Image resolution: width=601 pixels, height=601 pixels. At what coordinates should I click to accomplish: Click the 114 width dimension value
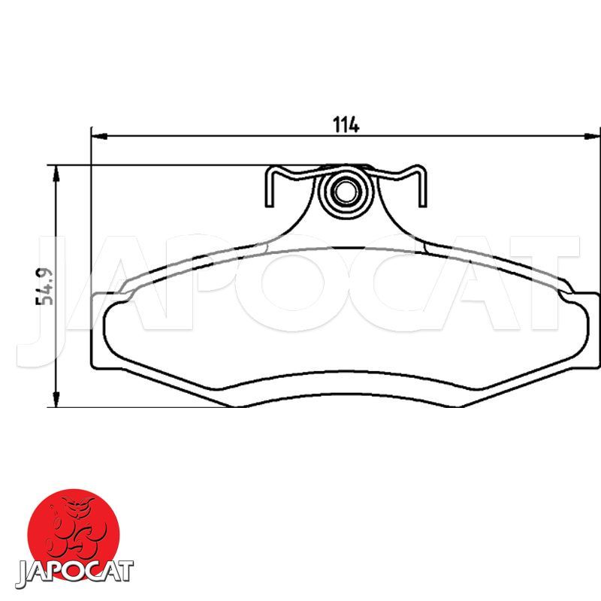coord(346,125)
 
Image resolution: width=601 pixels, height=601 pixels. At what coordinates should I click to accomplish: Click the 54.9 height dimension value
coord(44,286)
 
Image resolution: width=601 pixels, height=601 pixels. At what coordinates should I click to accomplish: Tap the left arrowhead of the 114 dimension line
coord(100,136)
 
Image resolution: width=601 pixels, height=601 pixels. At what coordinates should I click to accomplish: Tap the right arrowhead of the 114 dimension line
coord(591,136)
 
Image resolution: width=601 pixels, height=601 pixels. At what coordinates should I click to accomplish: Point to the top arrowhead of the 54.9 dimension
coord(56,174)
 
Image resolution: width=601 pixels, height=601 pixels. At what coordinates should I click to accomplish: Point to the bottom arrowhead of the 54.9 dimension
coord(56,399)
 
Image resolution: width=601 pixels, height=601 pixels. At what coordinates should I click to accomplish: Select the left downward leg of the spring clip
coord(270,188)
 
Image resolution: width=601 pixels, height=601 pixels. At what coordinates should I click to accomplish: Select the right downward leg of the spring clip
coord(422,188)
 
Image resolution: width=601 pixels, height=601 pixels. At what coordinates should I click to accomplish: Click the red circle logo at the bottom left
coord(73,533)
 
